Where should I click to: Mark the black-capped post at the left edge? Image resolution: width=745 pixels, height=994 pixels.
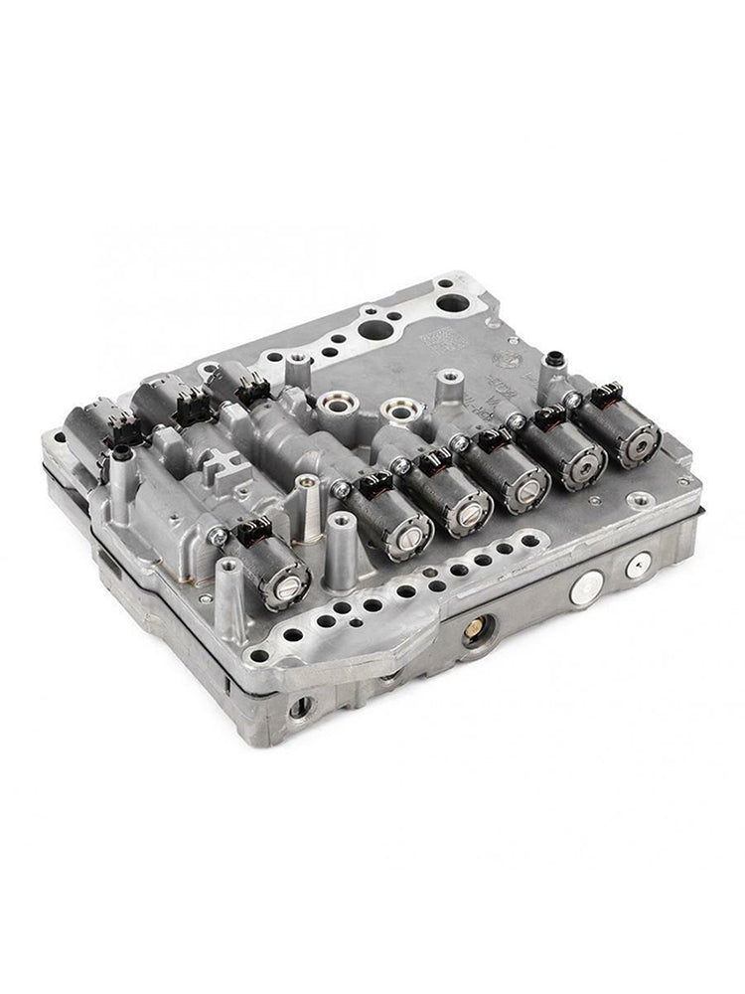tap(121, 456)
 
